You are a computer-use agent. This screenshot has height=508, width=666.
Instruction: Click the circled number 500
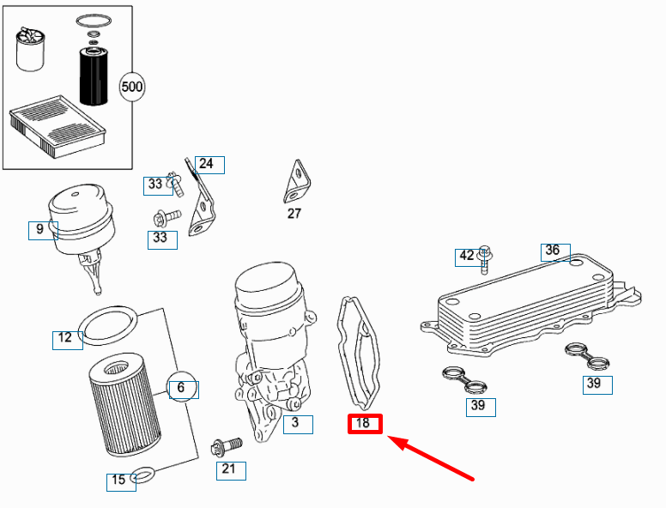click(132, 87)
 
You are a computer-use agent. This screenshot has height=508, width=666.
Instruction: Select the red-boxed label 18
click(364, 423)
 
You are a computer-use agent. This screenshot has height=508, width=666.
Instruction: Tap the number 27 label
click(294, 214)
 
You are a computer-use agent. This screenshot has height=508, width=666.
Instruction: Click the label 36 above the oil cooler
click(554, 251)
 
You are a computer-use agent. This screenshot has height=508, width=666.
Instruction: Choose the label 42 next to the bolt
click(466, 256)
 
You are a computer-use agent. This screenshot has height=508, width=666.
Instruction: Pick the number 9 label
click(39, 229)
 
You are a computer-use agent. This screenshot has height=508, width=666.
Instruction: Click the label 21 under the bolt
click(228, 469)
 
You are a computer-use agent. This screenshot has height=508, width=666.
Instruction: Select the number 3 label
click(297, 423)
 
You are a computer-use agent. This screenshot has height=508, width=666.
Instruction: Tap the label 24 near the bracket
click(206, 164)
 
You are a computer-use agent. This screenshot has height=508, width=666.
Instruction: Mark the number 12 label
click(65, 338)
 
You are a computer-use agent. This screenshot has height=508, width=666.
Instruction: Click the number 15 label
click(119, 481)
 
